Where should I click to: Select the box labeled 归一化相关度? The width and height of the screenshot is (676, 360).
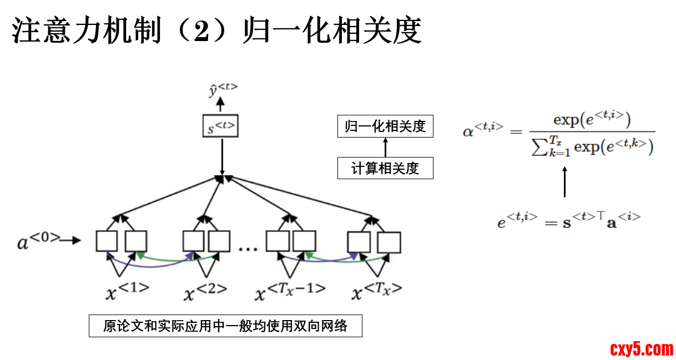(x=385, y=126)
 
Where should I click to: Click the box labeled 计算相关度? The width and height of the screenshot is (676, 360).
(x=385, y=168)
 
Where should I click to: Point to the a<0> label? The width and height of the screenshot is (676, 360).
(x=39, y=241)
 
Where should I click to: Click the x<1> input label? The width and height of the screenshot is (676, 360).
(x=127, y=291)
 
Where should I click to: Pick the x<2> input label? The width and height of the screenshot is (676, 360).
(x=205, y=291)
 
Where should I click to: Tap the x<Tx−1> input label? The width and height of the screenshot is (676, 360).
(x=290, y=291)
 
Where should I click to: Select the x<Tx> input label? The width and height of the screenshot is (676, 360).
(x=377, y=291)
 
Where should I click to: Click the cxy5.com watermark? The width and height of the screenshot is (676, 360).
(x=642, y=349)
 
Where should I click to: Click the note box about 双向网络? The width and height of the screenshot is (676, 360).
(x=225, y=326)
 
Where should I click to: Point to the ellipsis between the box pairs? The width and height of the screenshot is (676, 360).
(x=248, y=249)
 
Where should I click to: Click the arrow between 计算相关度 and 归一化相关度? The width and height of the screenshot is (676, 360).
(x=385, y=147)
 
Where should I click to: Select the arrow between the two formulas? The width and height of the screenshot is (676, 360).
(x=564, y=182)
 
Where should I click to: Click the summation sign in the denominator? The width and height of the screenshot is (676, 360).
(x=537, y=148)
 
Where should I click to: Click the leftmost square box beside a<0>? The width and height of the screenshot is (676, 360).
(x=107, y=241)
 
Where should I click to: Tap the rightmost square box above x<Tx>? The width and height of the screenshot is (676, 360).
(x=389, y=242)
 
